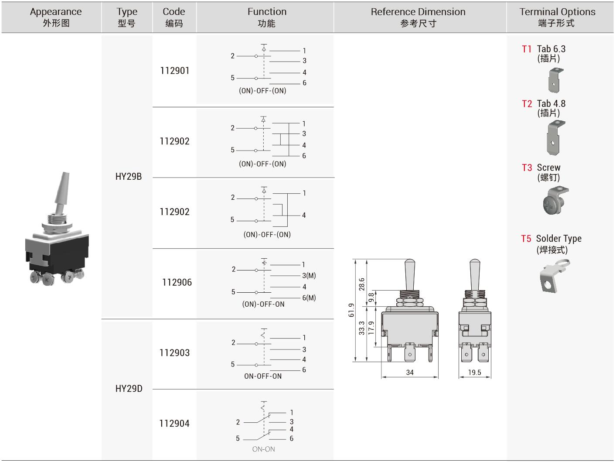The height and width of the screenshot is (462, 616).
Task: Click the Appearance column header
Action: point(56,17)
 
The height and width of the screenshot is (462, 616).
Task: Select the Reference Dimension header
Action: point(418,17)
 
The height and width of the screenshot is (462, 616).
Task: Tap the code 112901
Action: point(175,71)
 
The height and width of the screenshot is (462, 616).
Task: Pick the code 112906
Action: point(177,282)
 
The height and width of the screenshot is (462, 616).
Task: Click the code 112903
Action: point(175,352)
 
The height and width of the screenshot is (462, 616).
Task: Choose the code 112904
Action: point(174,423)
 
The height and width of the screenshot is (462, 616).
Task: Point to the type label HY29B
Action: point(129,177)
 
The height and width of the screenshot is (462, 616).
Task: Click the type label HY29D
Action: point(129,389)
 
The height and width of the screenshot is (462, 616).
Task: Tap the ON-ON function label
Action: point(263,449)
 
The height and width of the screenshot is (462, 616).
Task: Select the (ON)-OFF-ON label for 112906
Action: point(263,304)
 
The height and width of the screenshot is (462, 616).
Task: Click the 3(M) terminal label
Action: point(309,276)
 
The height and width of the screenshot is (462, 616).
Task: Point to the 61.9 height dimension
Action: point(351,310)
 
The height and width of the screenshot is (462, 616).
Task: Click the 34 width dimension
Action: point(410,373)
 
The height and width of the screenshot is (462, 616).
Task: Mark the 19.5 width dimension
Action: point(475,373)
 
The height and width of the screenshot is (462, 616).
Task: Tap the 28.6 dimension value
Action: point(362,284)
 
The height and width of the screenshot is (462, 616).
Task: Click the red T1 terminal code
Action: point(527,49)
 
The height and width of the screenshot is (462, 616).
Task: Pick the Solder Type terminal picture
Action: point(553,276)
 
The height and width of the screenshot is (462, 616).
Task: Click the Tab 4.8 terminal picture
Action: point(555,138)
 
